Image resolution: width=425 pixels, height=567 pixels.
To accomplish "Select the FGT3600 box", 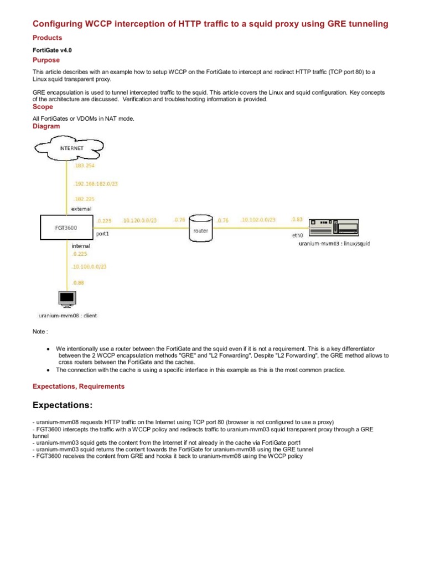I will click(x=65, y=227).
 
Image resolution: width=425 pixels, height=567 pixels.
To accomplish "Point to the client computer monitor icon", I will click(x=67, y=300).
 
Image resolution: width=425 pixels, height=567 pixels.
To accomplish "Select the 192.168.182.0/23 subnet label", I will click(x=96, y=183).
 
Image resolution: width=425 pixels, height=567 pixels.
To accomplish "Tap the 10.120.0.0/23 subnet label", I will click(x=139, y=220).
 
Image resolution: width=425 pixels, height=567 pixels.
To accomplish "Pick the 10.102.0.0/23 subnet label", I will click(x=258, y=220).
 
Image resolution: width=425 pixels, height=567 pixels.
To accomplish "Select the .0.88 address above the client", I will click(x=78, y=282).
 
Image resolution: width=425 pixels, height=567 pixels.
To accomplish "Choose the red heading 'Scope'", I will click(x=43, y=107).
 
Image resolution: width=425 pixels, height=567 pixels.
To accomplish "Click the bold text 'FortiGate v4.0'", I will click(x=53, y=50).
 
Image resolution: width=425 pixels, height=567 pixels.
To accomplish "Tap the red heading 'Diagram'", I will click(x=46, y=126).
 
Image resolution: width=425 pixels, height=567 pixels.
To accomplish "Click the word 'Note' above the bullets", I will click(x=40, y=332).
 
